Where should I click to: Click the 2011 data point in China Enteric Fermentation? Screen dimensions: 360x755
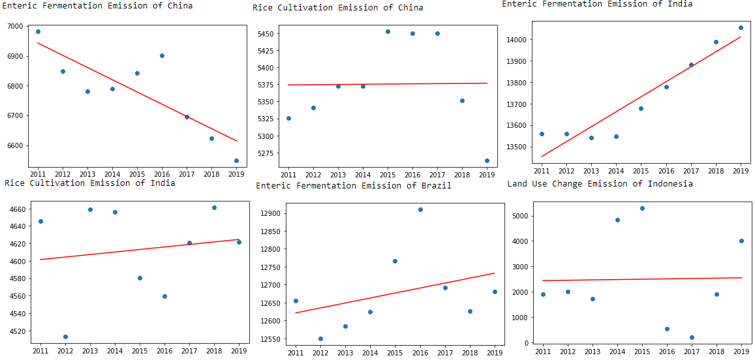point(38,31)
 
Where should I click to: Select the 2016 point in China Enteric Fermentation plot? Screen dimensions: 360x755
point(162,55)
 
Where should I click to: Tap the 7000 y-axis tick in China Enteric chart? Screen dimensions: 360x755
point(14,27)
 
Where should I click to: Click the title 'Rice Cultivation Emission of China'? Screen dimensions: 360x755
point(337,8)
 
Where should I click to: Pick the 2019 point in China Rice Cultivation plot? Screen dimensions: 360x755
point(487,160)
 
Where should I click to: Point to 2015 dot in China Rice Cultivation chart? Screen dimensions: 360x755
point(388,31)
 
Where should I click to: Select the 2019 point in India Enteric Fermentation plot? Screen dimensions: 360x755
point(741,27)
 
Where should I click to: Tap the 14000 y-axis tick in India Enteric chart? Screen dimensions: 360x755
point(516,40)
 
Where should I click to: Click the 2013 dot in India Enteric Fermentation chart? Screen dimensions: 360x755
point(591,138)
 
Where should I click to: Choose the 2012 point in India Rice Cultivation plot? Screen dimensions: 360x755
point(65,337)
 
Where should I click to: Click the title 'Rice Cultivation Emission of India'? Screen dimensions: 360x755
point(89,183)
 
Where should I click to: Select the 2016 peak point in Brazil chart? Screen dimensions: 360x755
point(420,209)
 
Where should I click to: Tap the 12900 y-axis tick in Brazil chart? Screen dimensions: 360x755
point(270,214)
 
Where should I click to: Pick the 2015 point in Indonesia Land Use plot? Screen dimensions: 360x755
point(642,208)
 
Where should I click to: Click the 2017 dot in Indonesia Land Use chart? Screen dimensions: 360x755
point(692,337)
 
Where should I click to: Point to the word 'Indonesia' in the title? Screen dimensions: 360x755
point(670,184)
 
